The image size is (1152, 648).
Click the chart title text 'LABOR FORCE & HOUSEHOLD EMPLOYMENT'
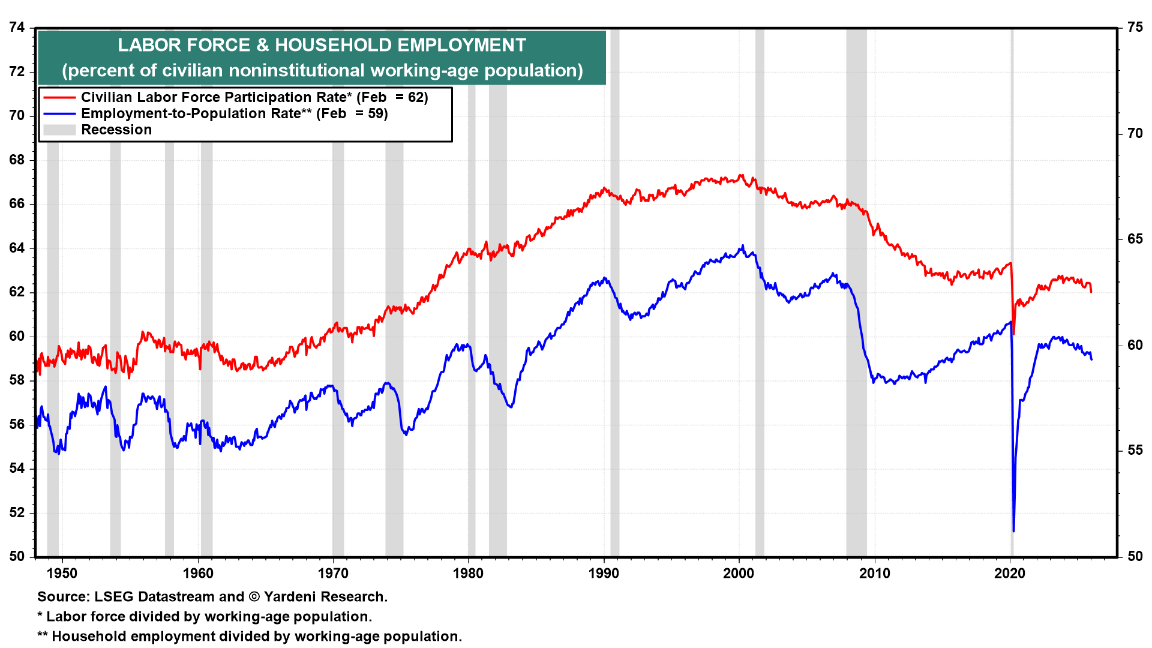(x=322, y=45)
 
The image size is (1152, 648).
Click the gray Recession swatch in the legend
(x=59, y=130)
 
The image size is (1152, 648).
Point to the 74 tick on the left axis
(x=17, y=27)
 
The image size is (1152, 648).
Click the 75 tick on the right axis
(x=1135, y=27)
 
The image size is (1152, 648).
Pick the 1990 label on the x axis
(x=604, y=573)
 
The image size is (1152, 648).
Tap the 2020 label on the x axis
(x=1010, y=573)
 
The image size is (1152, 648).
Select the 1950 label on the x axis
(x=62, y=573)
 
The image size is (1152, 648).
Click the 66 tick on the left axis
(x=17, y=203)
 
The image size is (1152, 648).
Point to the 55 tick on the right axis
(x=1135, y=450)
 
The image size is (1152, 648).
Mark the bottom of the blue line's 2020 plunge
(x=1013, y=530)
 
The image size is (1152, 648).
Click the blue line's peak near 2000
(x=743, y=245)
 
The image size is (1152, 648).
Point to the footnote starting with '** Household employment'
(x=250, y=636)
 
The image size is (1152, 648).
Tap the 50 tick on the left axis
(x=17, y=556)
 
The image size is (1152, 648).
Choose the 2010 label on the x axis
(x=875, y=573)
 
